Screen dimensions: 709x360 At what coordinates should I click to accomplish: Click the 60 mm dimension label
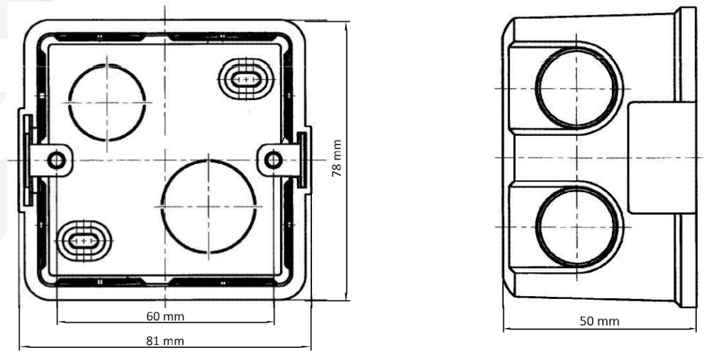(x=165, y=316)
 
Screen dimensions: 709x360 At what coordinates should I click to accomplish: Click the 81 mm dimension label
(x=165, y=341)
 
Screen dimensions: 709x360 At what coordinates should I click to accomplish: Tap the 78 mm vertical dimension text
(x=336, y=158)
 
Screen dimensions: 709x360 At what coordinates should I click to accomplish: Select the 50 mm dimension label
(x=600, y=321)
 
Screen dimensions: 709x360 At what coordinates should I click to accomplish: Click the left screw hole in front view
(x=56, y=160)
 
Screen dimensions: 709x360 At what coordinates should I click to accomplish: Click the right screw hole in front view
(x=273, y=160)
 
